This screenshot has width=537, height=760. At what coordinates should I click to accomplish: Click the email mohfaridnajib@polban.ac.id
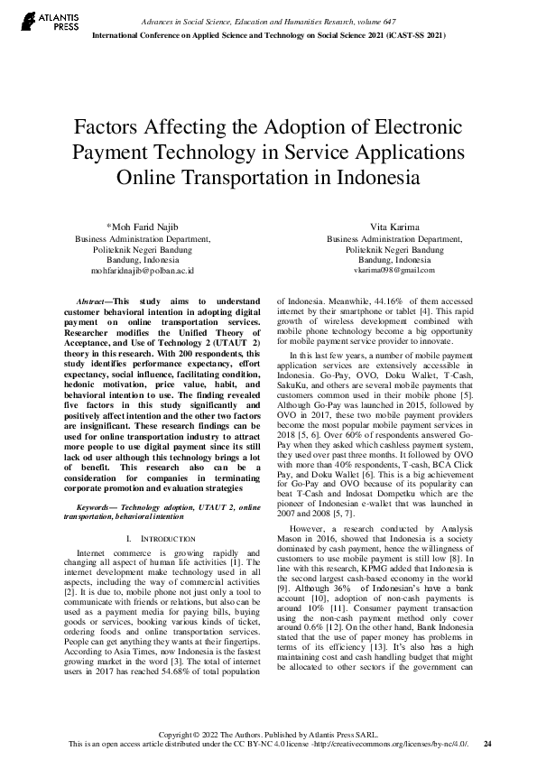click(x=143, y=270)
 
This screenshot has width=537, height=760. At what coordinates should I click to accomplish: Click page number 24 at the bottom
click(x=487, y=744)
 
